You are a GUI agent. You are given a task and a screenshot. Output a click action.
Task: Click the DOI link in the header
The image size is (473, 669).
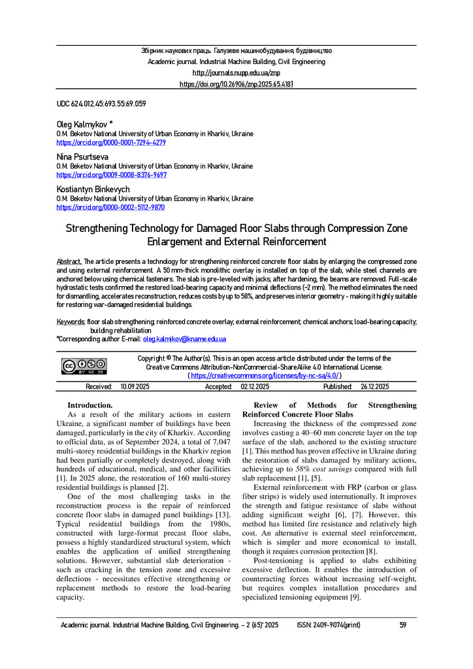236,84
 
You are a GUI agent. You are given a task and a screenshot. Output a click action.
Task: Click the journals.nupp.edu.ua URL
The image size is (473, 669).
236,73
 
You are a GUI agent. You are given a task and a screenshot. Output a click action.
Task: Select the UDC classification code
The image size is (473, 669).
101,104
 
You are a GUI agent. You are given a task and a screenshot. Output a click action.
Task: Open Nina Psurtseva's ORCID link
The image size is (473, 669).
111,175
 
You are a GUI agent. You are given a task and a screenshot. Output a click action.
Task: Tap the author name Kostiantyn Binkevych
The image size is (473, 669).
93,189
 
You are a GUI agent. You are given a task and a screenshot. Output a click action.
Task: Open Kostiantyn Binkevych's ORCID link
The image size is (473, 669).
110,207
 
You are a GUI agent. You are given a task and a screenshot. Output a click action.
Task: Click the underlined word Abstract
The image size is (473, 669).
69,261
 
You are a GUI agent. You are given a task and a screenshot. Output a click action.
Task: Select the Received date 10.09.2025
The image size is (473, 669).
135,387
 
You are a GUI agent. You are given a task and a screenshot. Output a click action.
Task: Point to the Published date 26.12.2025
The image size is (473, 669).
374,387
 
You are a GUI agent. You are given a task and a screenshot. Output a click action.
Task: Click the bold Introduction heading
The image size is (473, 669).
90,405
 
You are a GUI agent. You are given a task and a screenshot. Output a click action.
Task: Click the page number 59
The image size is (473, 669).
403,625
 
